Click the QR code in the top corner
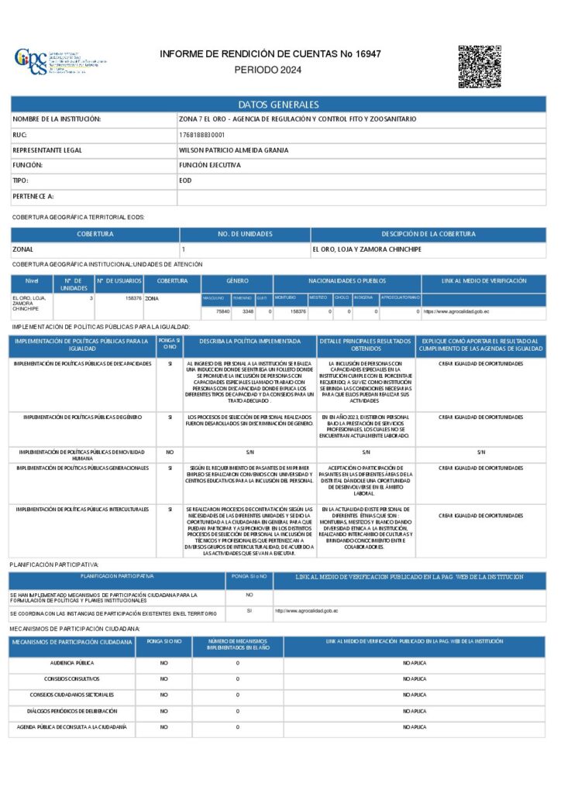click(x=480, y=67)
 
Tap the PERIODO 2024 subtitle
click(x=267, y=70)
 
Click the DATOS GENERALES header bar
click(x=278, y=105)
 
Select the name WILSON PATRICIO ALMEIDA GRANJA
click(x=233, y=150)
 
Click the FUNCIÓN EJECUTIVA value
click(x=209, y=166)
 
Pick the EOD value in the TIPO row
click(x=185, y=180)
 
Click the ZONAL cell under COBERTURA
click(x=23, y=249)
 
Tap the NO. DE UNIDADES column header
click(x=245, y=234)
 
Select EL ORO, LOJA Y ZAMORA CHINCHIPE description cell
click(x=367, y=249)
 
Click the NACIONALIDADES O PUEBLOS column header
click(x=347, y=280)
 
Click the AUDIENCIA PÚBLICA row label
click(x=72, y=663)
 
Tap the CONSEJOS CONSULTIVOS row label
click(x=72, y=678)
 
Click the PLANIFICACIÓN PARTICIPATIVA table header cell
click(x=117, y=576)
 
